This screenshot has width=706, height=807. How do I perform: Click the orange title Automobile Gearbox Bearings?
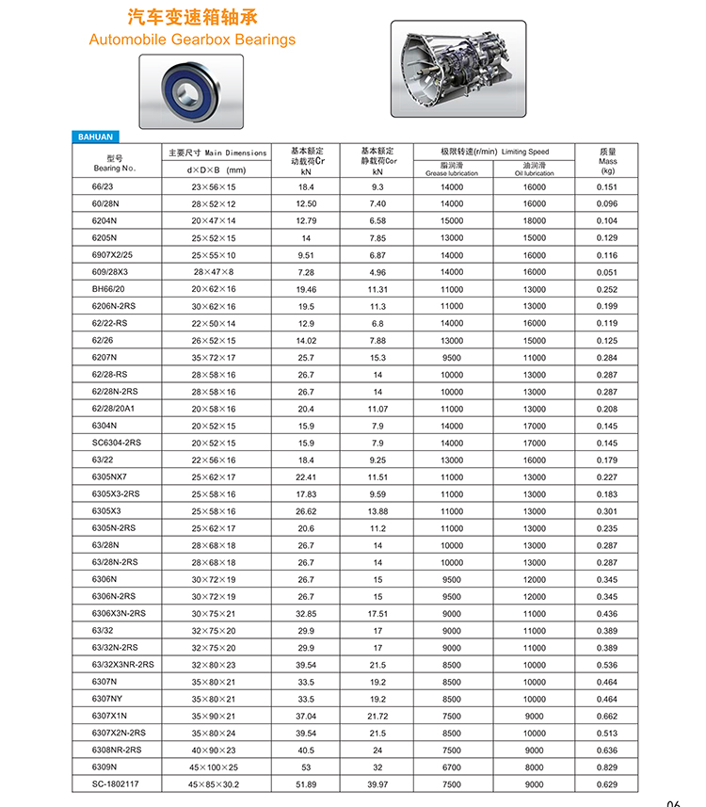(192, 40)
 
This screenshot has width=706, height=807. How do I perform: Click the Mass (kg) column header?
(607, 161)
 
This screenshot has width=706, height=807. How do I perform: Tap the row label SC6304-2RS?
(117, 443)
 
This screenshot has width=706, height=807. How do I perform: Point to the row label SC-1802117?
(117, 784)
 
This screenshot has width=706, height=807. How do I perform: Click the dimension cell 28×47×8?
(214, 272)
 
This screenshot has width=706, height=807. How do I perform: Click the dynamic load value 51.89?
(306, 784)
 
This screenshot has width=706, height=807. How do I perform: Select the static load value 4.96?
(377, 272)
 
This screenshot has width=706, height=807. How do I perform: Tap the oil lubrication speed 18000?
(534, 220)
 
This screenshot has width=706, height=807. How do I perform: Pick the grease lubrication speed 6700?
(452, 767)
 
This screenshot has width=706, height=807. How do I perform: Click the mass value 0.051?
(607, 272)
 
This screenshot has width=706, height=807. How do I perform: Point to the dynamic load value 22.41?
(306, 477)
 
